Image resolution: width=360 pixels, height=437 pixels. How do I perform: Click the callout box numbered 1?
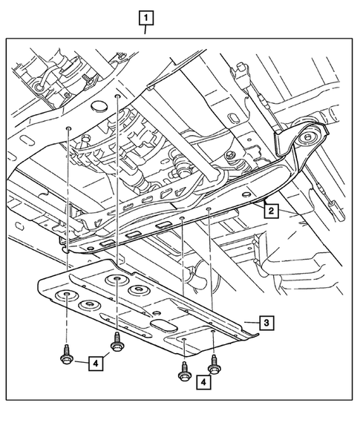tap(146, 18)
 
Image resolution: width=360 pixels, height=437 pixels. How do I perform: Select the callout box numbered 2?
tap(272, 211)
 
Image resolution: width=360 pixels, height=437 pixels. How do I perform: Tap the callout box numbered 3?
tap(266, 323)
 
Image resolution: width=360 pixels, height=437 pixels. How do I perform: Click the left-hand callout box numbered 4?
tap(96, 364)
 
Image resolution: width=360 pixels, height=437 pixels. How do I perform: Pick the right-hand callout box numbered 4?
tap(203, 382)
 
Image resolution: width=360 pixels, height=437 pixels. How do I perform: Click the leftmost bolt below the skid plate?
tap(66, 355)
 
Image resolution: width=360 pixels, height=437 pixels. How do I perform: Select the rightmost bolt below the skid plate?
tap(215, 364)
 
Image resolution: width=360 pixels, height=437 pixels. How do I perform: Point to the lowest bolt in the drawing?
tap(184, 371)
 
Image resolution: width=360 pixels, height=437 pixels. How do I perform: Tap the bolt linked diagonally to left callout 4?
tap(117, 341)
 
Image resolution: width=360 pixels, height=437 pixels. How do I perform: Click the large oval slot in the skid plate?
tap(164, 326)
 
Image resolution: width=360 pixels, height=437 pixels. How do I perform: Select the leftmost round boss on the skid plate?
tap(67, 295)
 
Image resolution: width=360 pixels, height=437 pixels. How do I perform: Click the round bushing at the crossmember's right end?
tap(307, 137)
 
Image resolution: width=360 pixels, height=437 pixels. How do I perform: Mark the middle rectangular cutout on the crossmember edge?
tap(134, 234)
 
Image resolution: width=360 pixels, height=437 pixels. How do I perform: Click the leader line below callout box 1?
tap(145, 30)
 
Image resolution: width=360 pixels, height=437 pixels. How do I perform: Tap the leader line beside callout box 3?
tap(252, 323)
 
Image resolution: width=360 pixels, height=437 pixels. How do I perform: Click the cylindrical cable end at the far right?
tap(338, 211)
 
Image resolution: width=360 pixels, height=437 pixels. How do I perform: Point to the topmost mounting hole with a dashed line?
tap(118, 96)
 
